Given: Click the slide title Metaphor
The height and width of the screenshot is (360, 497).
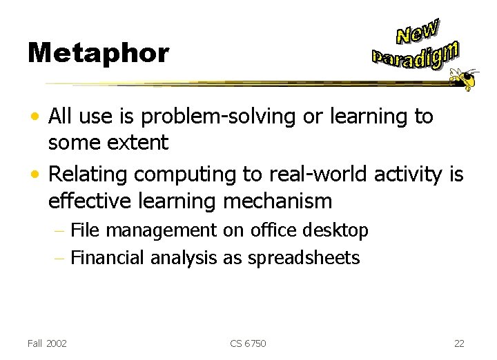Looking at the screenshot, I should [98, 53].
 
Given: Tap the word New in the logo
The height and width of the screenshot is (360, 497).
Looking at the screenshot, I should [417, 31].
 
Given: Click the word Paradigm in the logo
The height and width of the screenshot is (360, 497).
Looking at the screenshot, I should [415, 56].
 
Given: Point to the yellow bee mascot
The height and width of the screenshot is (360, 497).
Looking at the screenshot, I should [463, 78].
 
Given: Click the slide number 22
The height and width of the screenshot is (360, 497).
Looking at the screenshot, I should [460, 343].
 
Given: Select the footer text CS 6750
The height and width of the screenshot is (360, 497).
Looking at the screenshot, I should [248, 343].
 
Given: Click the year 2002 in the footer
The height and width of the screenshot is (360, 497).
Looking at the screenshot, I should [56, 343].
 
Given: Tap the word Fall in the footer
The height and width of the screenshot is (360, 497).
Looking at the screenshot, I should [35, 343].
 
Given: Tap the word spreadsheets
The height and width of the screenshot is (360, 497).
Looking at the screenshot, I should [304, 259].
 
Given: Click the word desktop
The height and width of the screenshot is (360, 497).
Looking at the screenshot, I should [338, 230].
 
